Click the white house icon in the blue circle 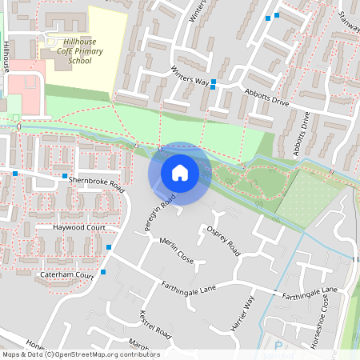180,172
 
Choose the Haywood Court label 79,228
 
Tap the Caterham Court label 67,274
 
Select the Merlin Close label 177,251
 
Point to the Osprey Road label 223,239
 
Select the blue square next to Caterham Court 103,273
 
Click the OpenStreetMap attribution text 80,354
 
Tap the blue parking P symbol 278,346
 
